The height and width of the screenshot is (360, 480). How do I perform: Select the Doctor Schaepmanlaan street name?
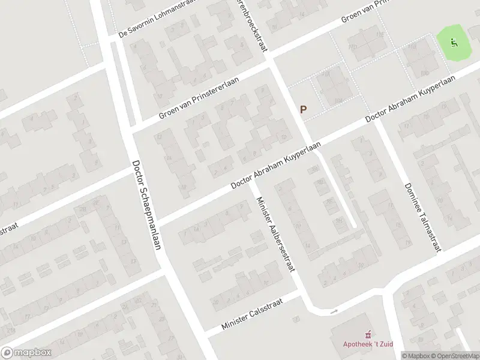[x=146, y=206]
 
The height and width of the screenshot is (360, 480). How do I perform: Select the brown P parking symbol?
[x=304, y=110]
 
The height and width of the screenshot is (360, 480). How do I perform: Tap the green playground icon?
[x=454, y=42]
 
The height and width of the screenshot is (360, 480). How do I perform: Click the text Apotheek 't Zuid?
[x=367, y=344]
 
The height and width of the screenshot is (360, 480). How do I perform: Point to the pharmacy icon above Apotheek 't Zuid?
[x=367, y=334]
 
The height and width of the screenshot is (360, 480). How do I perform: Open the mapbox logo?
[x=26, y=353]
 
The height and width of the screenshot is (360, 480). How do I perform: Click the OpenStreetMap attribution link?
[x=455, y=356]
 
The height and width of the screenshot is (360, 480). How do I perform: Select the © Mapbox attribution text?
[x=416, y=356]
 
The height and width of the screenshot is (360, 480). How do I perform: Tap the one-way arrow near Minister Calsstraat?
[x=334, y=311]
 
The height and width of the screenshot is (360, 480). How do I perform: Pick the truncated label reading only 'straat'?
[x=8, y=230]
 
